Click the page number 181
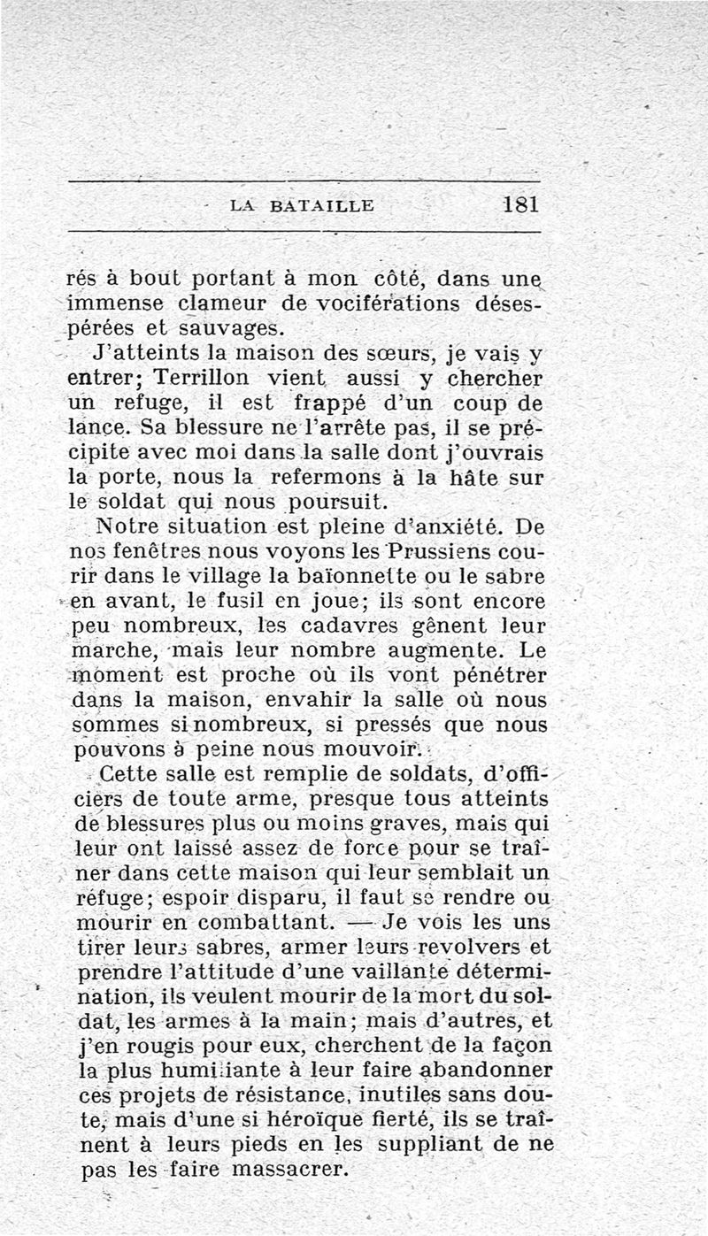click(x=520, y=204)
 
